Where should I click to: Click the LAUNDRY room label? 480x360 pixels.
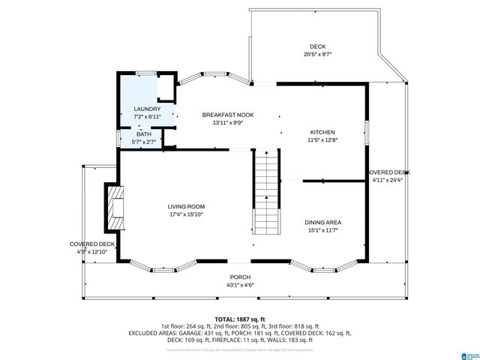[147, 109]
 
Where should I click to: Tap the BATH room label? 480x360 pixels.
[142, 134]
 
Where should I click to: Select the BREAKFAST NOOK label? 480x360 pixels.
[227, 115]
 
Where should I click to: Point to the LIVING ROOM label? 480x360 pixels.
[186, 206]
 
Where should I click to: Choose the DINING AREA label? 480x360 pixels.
[323, 222]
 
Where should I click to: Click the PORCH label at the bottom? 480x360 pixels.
[240, 277]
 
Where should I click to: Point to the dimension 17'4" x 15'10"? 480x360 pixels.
[186, 214]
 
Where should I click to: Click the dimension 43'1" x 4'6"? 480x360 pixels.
[240, 285]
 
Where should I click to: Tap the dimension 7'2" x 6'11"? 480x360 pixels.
[147, 117]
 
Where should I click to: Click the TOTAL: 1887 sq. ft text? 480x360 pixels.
[240, 319]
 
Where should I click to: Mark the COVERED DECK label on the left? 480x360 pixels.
[92, 244]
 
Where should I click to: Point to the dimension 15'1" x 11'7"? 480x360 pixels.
[323, 230]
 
